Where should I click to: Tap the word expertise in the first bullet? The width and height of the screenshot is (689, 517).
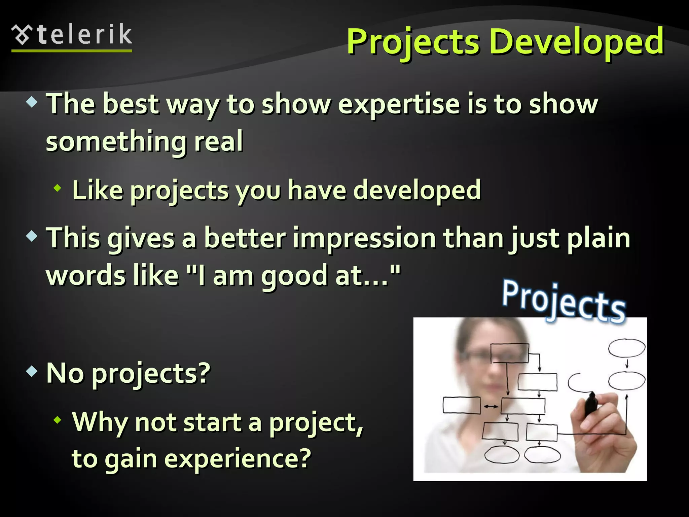coord(398,104)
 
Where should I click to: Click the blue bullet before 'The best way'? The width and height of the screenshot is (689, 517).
coord(32,102)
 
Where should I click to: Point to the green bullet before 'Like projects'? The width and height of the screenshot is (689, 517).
coord(58,188)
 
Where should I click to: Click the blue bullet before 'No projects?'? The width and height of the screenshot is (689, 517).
coord(32,371)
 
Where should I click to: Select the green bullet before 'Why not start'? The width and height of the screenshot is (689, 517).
coord(58,420)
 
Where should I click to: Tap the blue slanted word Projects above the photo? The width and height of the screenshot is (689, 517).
coord(564,301)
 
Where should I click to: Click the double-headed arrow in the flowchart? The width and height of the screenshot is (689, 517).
coord(491,407)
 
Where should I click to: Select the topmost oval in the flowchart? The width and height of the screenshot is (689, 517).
coord(626,348)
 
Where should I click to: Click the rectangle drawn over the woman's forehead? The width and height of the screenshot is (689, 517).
coord(509,353)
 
